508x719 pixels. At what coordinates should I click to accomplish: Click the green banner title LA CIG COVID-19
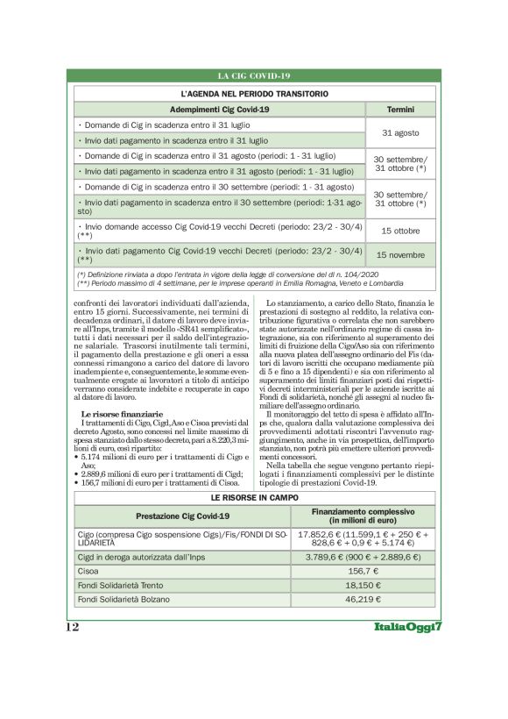[254, 76]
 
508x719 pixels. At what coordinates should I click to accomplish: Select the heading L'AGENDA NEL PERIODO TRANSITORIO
[254, 92]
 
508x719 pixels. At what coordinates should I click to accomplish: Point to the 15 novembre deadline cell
[400, 254]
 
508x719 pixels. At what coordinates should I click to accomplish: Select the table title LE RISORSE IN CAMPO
[254, 496]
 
